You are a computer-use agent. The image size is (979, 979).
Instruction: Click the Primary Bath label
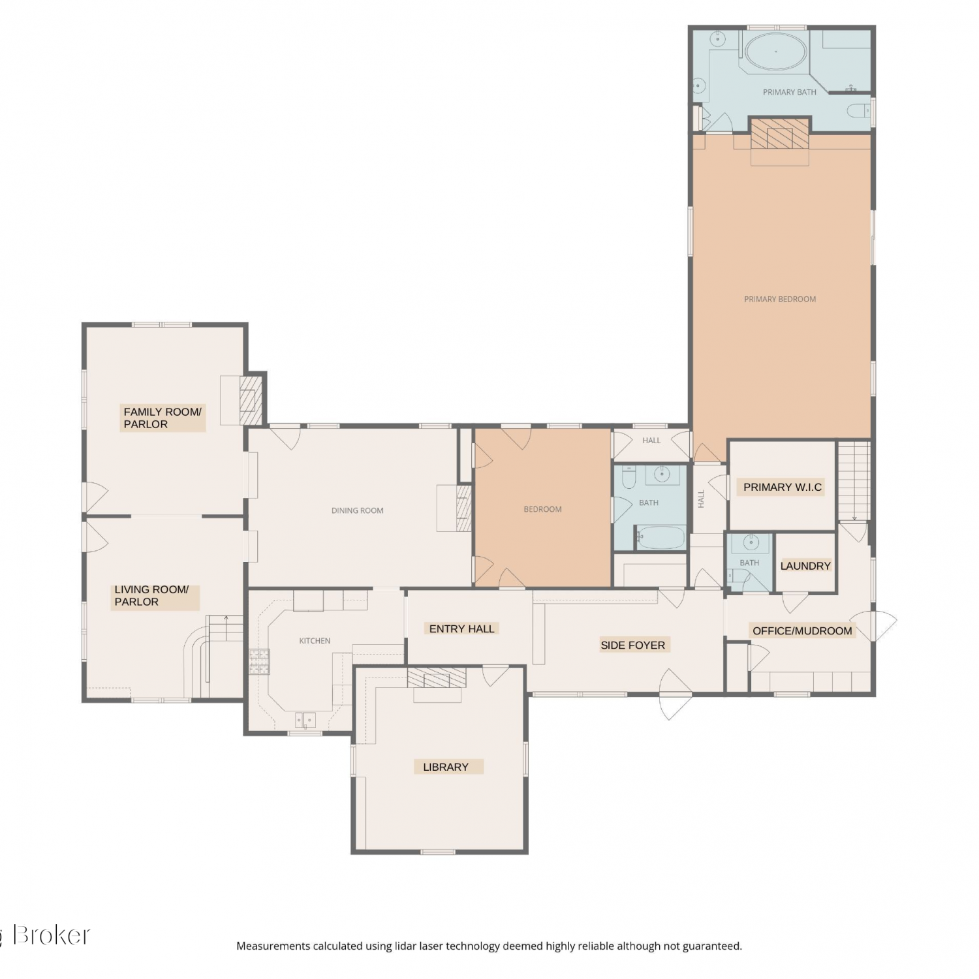[789, 92]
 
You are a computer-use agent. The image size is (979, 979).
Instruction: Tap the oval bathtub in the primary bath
[775, 51]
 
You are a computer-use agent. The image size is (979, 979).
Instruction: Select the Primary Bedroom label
[780, 299]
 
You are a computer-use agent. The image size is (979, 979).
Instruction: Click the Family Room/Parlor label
[163, 418]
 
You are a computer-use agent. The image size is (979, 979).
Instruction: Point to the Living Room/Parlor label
[151, 595]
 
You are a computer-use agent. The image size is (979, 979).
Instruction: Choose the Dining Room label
[357, 510]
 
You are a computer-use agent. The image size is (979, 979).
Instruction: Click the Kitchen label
[315, 641]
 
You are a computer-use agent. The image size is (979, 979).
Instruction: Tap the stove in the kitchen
[259, 661]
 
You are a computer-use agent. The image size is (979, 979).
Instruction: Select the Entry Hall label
[461, 629]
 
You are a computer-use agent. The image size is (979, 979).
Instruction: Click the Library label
[446, 767]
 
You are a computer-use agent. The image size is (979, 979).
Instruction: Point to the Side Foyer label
[632, 645]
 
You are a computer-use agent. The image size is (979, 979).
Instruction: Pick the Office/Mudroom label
[802, 630]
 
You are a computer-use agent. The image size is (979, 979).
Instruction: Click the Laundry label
[805, 566]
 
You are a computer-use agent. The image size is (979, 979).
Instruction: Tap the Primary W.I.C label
[783, 487]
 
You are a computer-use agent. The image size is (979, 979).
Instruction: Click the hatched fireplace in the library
[437, 677]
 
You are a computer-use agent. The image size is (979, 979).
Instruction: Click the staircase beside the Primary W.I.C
[854, 480]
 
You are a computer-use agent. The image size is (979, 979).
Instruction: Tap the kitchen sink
[305, 721]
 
